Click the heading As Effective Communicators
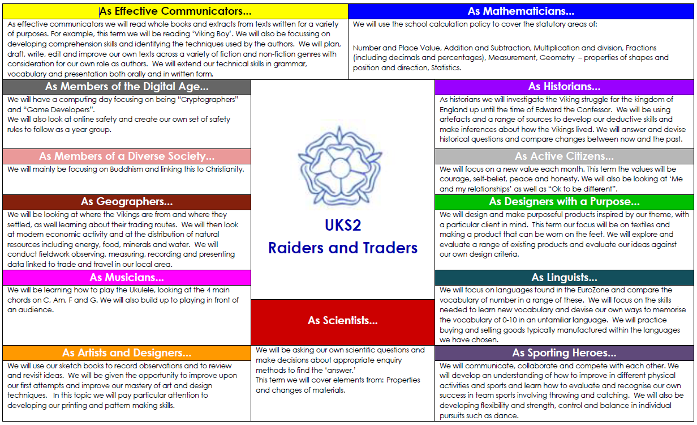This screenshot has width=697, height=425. click(175, 11)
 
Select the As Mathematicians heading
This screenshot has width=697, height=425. click(521, 11)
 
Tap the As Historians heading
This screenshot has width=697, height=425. click(564, 87)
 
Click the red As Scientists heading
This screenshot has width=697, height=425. click(343, 321)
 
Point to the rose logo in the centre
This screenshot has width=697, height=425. click(340, 167)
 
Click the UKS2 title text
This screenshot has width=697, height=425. click(343, 226)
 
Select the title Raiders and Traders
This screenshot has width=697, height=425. click(343, 248)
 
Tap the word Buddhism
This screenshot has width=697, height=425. click(126, 169)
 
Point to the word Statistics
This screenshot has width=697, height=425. click(446, 68)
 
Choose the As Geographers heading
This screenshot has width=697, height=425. click(127, 202)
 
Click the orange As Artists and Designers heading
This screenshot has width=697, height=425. click(127, 353)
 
